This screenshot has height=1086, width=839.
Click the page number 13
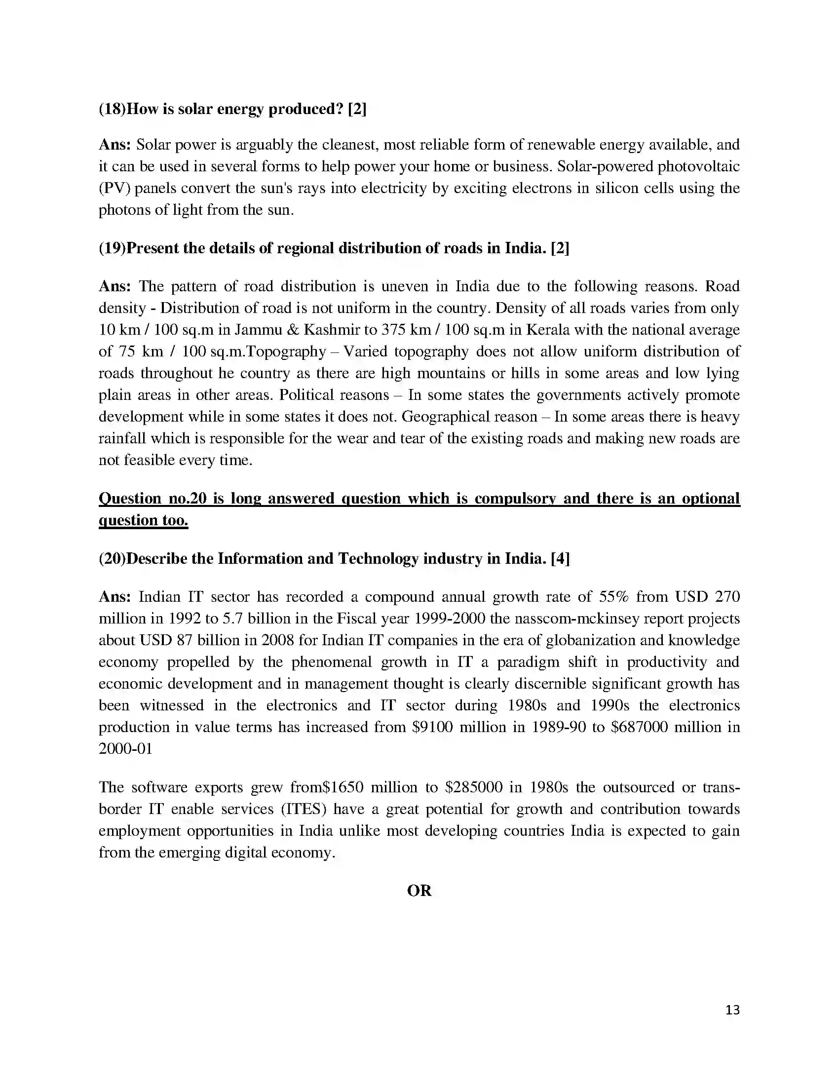click(x=732, y=1009)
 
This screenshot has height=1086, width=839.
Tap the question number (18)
click(x=112, y=109)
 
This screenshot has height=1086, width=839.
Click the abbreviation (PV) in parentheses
click(x=114, y=188)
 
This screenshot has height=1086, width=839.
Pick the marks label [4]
click(x=560, y=558)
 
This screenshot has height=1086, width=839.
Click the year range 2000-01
click(x=125, y=748)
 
